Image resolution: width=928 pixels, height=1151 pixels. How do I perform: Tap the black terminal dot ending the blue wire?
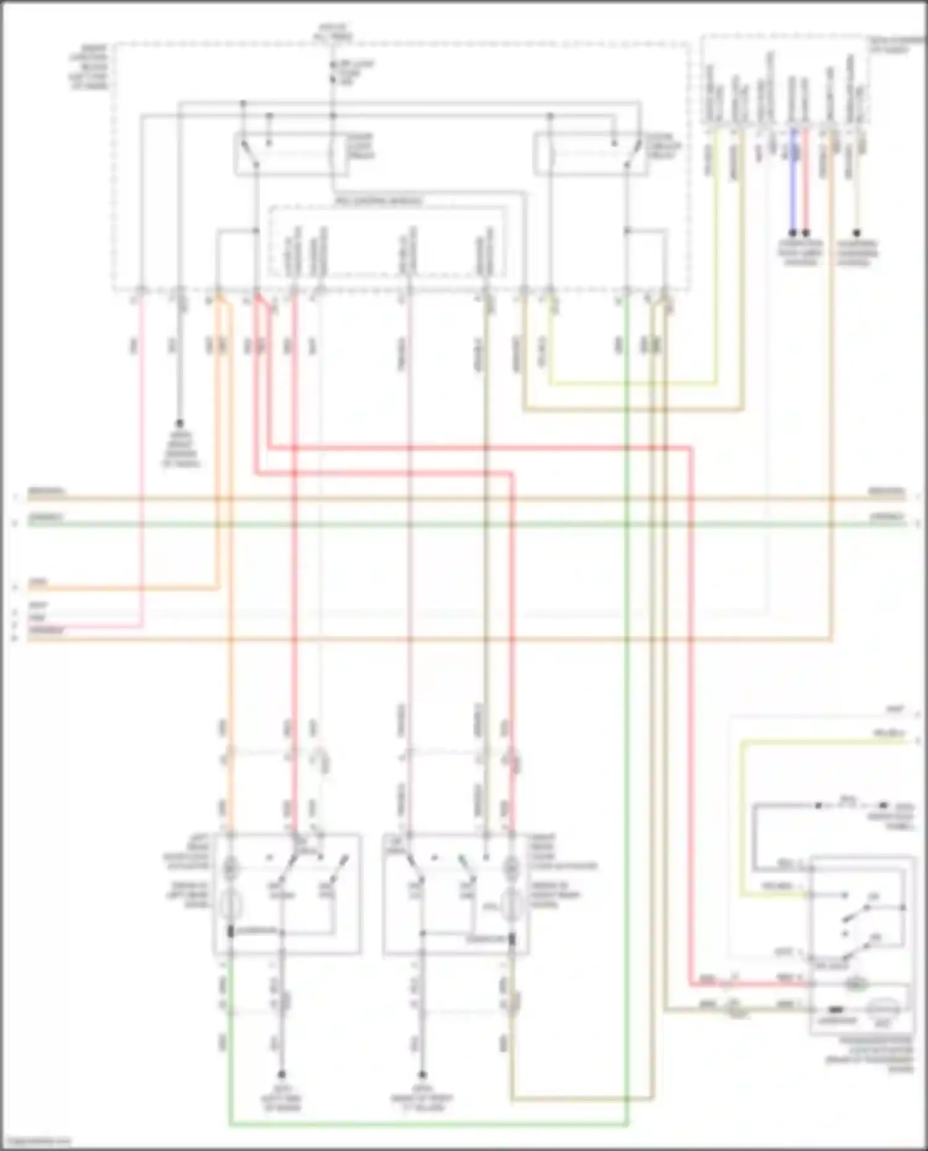pos(793,233)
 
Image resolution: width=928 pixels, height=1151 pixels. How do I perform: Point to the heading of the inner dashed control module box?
pos(379,202)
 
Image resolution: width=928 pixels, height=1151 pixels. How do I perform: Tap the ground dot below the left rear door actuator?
pos(281,1074)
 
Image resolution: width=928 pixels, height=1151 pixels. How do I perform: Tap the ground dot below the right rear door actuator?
pos(422,1074)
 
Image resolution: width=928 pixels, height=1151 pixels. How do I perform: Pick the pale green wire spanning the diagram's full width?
pos(464,524)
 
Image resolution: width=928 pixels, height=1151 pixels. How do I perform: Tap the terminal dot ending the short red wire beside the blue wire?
pos(806,233)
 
